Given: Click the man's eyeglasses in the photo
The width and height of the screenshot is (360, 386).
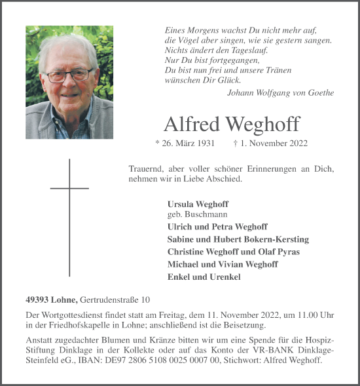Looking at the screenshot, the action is coord(69,74).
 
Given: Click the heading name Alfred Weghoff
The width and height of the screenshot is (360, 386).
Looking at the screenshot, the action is coord(232,123).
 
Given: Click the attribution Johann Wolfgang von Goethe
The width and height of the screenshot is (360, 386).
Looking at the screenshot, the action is coord(280,92).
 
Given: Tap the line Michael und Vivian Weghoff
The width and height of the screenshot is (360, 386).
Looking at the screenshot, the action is coord(223,264).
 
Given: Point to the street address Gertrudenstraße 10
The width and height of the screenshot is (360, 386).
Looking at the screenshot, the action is coord(115,300).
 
